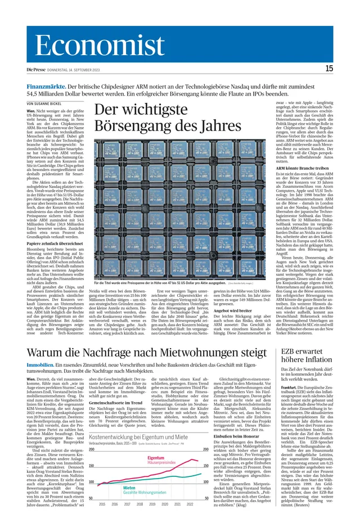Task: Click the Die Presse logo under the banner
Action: click(x=37, y=69)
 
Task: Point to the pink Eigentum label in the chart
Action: click(x=155, y=458)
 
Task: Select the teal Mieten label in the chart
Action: click(x=129, y=488)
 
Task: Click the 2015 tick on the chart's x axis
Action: click(x=101, y=504)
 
